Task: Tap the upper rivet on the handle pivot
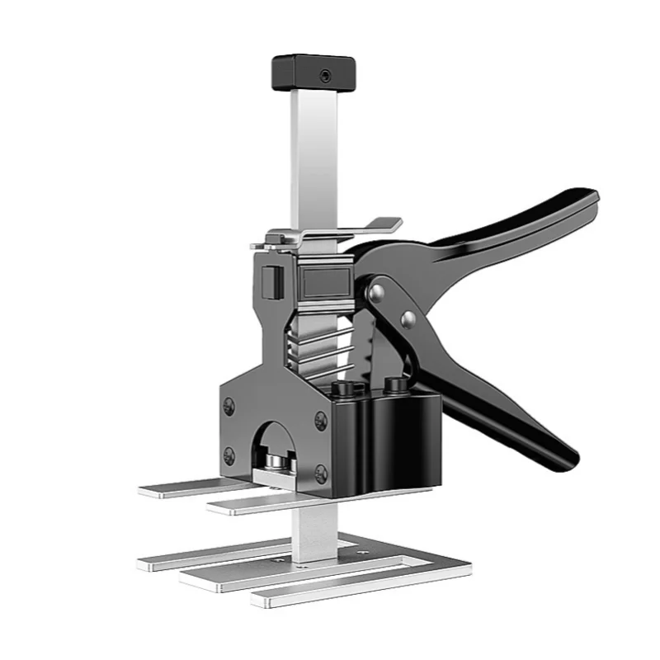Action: (376, 290)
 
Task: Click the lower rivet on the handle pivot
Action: (406, 319)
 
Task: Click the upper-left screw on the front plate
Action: (229, 406)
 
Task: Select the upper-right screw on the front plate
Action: (320, 421)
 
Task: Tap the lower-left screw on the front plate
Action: (229, 455)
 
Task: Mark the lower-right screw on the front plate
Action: (320, 473)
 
